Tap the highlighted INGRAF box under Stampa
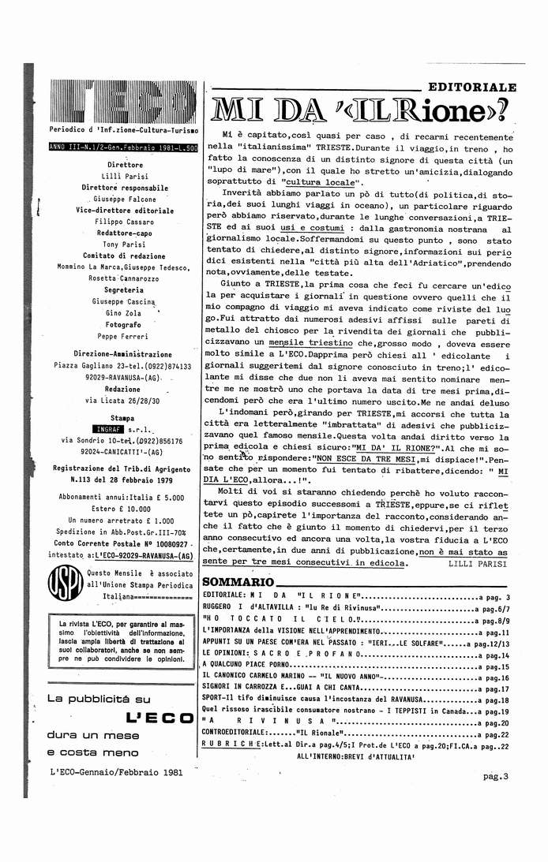(97, 429)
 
